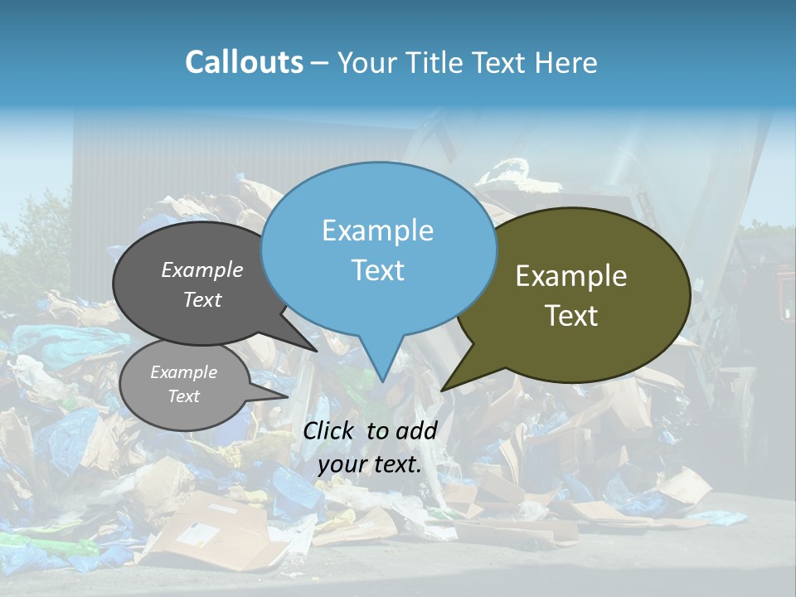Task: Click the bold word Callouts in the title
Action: [x=244, y=62]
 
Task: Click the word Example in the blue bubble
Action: [x=377, y=231]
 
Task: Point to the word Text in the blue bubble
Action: [x=377, y=270]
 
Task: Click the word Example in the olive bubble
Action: [x=571, y=276]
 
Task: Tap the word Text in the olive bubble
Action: [x=572, y=316]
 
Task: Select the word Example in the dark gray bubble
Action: [x=202, y=269]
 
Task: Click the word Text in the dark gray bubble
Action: [x=202, y=299]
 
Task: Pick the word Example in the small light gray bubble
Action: [x=183, y=372]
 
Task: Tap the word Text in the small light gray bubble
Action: [x=183, y=396]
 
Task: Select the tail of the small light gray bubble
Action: [x=278, y=395]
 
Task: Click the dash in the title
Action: [x=320, y=63]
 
